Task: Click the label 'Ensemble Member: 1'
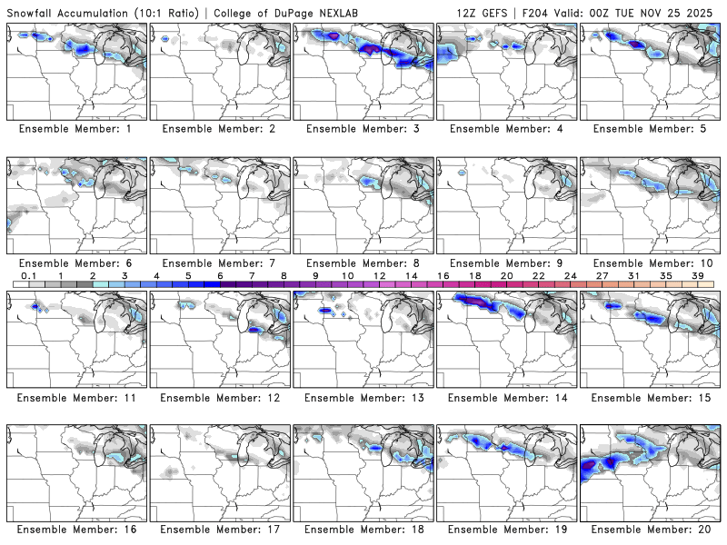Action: (77, 128)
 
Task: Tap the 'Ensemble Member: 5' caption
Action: (651, 128)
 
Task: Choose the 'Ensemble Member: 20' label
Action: (651, 529)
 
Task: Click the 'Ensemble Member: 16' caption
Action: (77, 529)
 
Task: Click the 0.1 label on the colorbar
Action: (29, 274)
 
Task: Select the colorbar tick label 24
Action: (570, 274)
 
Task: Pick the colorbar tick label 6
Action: (220, 274)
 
